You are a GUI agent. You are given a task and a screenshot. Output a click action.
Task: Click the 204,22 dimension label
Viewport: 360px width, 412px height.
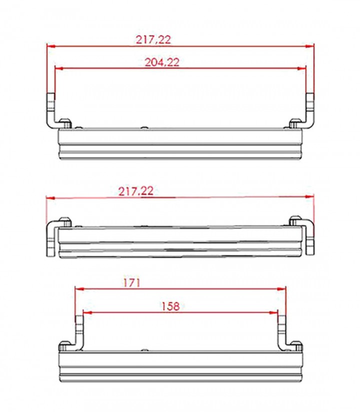162,62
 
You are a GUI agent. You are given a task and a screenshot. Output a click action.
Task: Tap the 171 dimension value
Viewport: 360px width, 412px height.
132,283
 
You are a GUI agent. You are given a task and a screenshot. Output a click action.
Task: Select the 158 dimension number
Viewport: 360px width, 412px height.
170,306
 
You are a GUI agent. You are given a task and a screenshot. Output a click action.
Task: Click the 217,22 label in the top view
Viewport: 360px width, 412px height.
153,40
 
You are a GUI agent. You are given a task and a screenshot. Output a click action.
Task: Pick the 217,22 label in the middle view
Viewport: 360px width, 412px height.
135,191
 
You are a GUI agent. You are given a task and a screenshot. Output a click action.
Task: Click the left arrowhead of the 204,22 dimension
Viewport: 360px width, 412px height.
58,69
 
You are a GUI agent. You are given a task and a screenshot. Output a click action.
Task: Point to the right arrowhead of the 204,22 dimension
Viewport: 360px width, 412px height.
302,69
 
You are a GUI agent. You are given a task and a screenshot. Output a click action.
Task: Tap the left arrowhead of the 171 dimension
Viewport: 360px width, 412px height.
79,289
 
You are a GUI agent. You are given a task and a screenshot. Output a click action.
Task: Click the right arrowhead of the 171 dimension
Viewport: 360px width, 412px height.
282,289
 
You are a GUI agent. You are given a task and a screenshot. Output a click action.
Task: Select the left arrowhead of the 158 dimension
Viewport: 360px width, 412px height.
87,313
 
